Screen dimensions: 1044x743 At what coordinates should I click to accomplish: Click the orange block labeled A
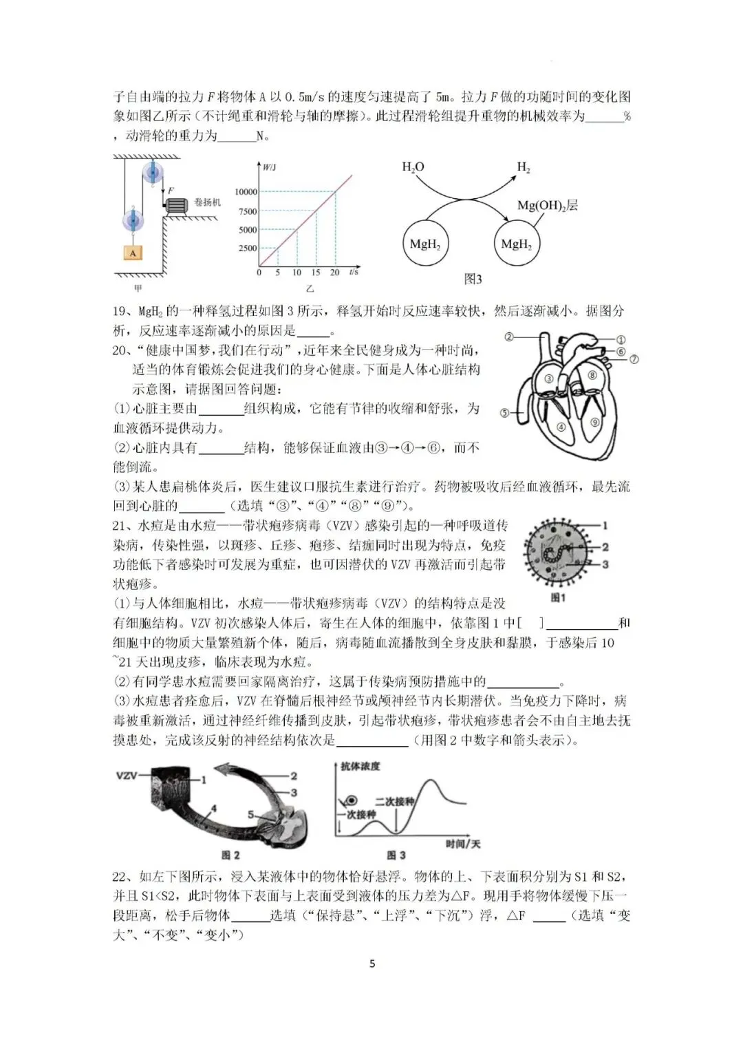tap(133, 253)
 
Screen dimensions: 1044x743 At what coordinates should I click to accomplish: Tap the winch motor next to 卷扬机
tap(177, 205)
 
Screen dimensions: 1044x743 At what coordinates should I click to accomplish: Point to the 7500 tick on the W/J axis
tap(247, 211)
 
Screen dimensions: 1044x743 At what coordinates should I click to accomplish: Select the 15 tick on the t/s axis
tap(316, 273)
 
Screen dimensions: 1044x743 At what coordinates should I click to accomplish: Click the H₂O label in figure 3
tap(413, 167)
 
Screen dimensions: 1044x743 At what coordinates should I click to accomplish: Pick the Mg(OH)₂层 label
tap(547, 205)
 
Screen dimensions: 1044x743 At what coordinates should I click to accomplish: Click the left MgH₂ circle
tap(424, 244)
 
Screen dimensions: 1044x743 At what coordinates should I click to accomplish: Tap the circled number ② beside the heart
tap(509, 337)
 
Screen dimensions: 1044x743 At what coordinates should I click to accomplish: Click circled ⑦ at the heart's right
tap(634, 359)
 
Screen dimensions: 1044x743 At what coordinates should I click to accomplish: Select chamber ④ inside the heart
tap(561, 427)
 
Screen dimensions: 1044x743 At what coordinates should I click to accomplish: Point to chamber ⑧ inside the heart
tap(592, 375)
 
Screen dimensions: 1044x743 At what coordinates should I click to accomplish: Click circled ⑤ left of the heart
tap(504, 413)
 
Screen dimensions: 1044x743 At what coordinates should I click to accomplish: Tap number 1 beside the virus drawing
tap(605, 526)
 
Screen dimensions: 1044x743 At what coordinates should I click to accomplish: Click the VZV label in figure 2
tap(126, 776)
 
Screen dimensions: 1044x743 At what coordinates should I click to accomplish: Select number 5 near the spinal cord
tap(251, 814)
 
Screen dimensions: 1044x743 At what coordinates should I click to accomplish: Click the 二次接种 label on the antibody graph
tap(394, 801)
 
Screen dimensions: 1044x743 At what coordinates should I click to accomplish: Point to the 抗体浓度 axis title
tap(360, 766)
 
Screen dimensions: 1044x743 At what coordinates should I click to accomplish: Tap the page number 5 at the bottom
tap(372, 963)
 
